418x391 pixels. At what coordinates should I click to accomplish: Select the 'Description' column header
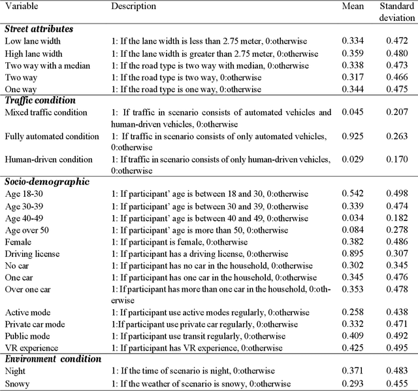tap(133, 7)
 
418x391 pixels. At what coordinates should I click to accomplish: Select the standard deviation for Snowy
tap(393, 383)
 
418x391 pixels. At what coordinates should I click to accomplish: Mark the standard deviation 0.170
tap(393, 160)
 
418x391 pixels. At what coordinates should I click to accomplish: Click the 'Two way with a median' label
tap(47, 65)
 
